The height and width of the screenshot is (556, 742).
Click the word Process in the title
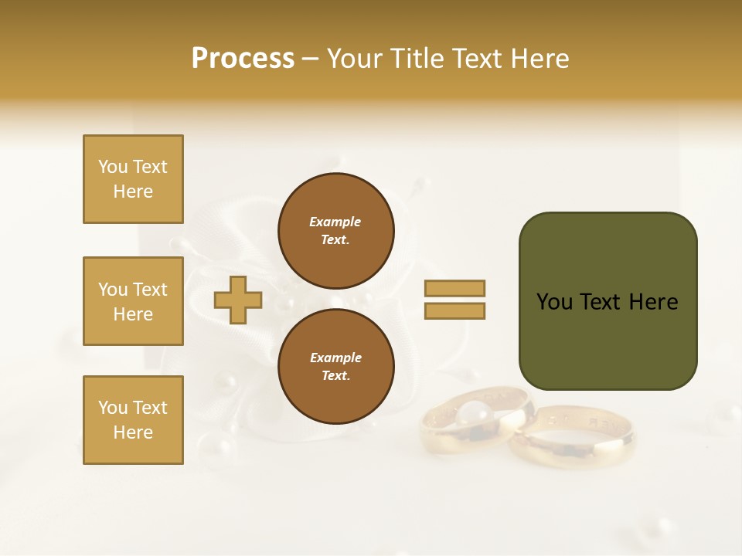243,59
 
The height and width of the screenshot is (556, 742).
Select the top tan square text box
133,179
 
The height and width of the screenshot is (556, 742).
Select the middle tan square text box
133,301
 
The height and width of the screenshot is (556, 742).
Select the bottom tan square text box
133,420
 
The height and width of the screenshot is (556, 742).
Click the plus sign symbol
238,300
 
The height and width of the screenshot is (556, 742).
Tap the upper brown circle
336,230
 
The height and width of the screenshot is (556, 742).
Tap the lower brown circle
336,366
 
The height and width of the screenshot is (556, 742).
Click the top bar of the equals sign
455,288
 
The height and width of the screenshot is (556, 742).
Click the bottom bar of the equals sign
455,310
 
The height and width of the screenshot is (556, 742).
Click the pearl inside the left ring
471,415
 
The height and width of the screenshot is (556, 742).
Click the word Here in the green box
653,302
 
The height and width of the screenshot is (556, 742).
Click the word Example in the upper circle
335,222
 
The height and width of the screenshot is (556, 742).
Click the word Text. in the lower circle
335,376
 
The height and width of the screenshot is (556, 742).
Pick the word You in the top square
112,167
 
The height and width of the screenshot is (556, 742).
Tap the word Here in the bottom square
133,432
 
